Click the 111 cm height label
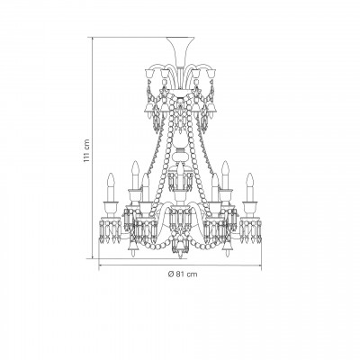(86, 150)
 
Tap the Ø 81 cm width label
(183, 274)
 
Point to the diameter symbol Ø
(171, 274)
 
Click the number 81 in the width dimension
(180, 274)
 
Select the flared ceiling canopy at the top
(180, 51)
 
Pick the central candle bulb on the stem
(180, 177)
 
